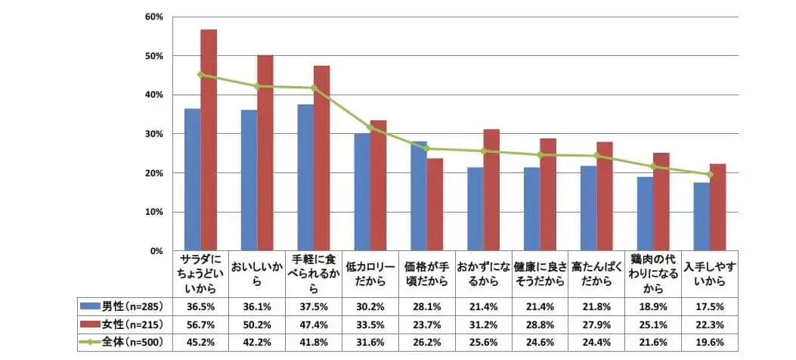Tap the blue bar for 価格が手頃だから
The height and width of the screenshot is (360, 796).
[419, 196]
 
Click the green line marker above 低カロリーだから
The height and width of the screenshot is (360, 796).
[370, 128]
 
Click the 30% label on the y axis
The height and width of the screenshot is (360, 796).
[155, 134]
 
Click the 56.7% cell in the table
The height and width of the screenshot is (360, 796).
[200, 324]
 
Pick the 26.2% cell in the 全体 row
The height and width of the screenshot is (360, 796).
[426, 342]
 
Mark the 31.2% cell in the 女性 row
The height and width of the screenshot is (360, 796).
[483, 324]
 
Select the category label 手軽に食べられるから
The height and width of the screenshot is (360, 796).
[314, 274]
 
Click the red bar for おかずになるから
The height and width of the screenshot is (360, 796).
[491, 190]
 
